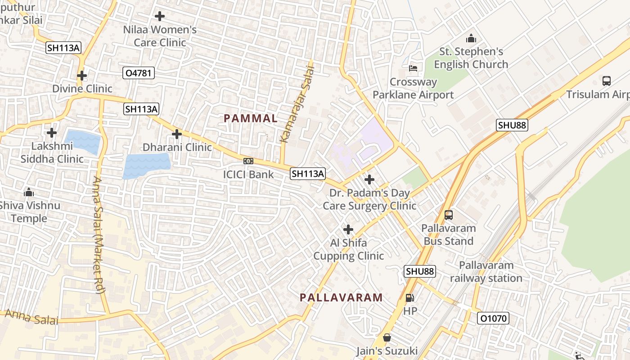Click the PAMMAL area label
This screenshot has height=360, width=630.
tap(251, 118)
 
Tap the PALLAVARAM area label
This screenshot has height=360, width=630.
tap(341, 297)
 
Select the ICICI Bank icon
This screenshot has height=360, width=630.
tap(248, 161)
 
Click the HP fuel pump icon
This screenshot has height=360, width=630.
tap(410, 297)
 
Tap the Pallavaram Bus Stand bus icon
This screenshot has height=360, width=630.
tap(449, 215)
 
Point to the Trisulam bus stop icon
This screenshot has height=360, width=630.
tap(607, 81)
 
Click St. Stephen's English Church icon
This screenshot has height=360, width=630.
tap(471, 38)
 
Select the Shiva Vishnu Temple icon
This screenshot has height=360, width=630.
tap(29, 193)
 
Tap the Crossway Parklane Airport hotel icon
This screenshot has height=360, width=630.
tap(413, 68)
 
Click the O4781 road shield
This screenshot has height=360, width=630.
tap(139, 73)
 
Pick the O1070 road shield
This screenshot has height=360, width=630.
tap(493, 319)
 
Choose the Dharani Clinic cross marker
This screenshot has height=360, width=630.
tap(177, 134)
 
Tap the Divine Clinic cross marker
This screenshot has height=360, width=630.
tap(81, 76)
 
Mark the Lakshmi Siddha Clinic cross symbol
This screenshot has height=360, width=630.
tap(52, 133)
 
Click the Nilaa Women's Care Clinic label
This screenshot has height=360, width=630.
tap(160, 36)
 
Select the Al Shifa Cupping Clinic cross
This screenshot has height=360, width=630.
tap(348, 229)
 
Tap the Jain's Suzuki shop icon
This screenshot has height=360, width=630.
tap(387, 337)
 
